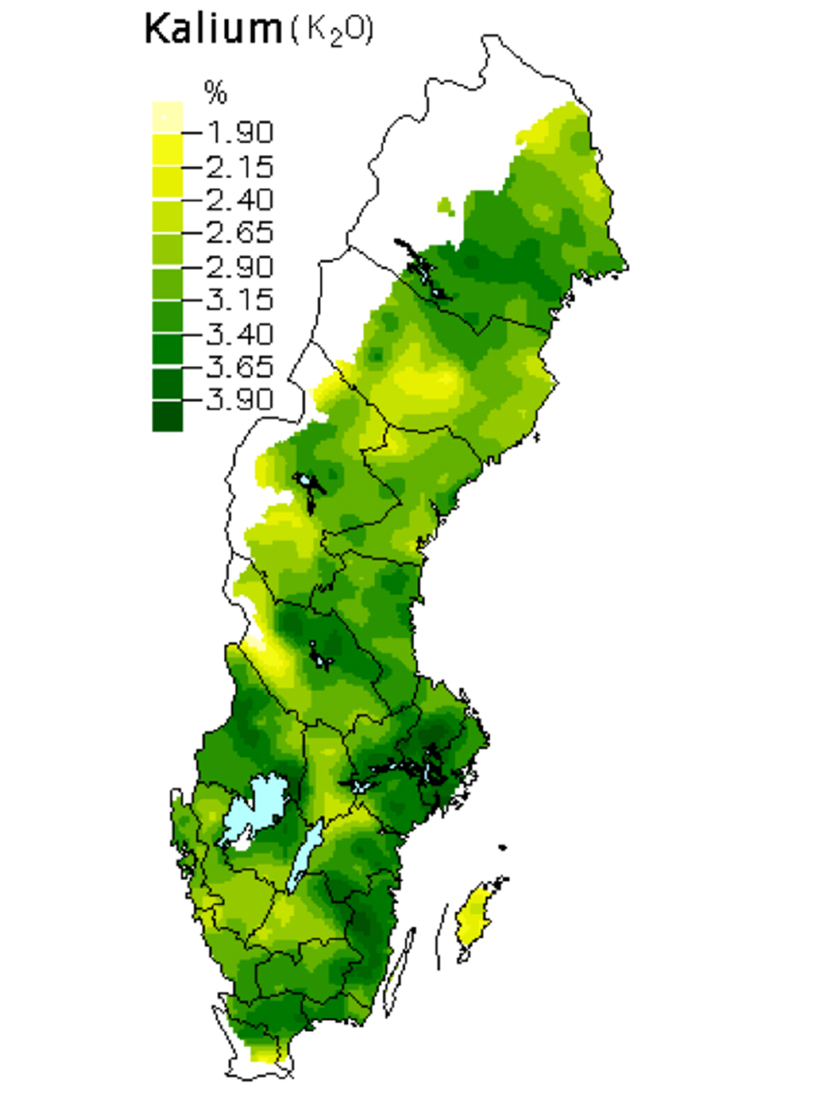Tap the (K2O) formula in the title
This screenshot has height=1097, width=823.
click(x=332, y=31)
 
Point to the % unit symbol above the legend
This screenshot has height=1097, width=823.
click(x=215, y=92)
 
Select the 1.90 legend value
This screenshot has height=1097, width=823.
click(x=239, y=132)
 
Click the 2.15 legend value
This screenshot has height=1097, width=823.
click(x=239, y=165)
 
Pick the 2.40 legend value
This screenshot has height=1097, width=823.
click(x=239, y=199)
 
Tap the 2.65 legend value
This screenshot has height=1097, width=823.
click(x=239, y=232)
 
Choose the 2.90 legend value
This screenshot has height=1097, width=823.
click(x=239, y=267)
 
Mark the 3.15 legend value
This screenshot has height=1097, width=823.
click(x=239, y=300)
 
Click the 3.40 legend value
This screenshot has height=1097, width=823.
click(x=239, y=333)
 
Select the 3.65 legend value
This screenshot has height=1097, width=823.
click(x=239, y=367)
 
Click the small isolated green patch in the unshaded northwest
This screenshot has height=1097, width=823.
click(x=444, y=206)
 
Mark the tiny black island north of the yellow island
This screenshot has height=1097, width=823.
click(x=502, y=848)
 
